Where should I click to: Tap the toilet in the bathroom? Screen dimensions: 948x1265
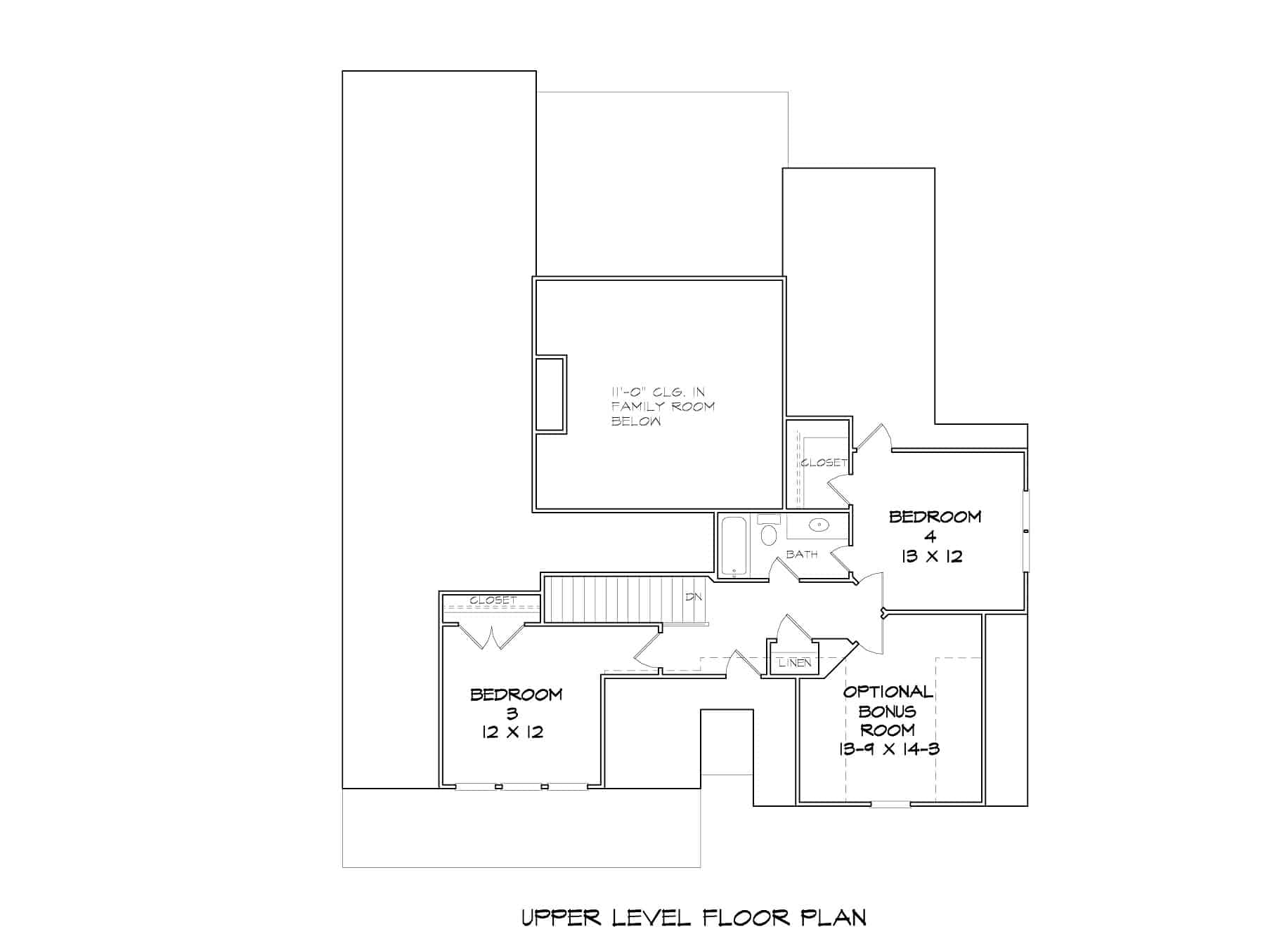coord(768,533)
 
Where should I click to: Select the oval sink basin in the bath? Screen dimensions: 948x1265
coord(819,525)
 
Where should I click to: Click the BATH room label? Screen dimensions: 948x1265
coord(802,554)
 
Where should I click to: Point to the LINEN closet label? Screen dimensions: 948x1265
coord(795,663)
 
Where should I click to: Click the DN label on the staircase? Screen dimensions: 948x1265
coord(694,598)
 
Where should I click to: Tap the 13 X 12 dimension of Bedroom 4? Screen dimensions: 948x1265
coord(931,557)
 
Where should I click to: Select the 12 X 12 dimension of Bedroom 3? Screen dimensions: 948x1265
coord(512,732)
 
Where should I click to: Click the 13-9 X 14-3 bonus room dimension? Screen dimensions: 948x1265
coord(889,749)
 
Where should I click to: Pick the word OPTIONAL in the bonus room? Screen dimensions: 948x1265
coord(888,692)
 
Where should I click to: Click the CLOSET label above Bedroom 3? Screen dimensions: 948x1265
coord(493,600)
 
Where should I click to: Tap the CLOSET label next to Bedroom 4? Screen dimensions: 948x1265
coord(824,463)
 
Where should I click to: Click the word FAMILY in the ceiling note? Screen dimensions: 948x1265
coord(637,407)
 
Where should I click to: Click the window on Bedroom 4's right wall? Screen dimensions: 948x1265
coord(1026,532)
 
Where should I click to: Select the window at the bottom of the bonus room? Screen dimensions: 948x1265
coord(890,803)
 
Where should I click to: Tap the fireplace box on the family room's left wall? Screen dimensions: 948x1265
coord(550,394)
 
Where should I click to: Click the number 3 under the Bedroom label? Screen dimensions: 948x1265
coord(512,713)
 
